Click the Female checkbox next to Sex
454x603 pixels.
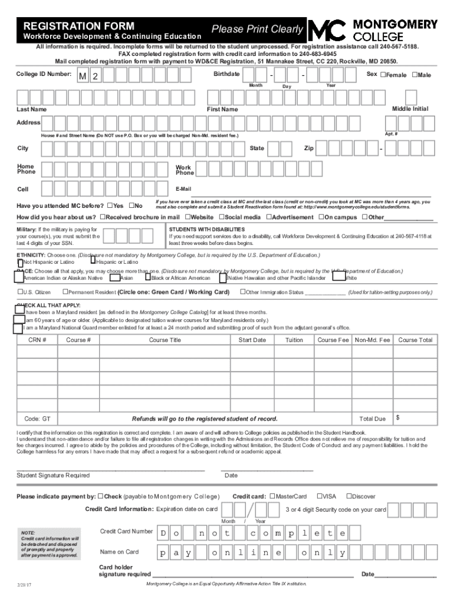tap(383, 75)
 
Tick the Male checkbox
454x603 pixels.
tap(414, 75)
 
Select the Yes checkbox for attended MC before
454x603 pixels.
tap(110, 206)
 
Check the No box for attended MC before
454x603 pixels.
tap(132, 206)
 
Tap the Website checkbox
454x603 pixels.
tap(187, 217)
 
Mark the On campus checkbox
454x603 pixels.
tap(321, 217)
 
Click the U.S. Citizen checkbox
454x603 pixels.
tap(19, 292)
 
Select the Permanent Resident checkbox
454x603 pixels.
tap(65, 292)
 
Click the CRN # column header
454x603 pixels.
tap(37, 340)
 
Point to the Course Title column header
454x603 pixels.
tap(165, 340)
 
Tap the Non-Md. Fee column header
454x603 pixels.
tap(372, 340)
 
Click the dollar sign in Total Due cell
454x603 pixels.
tap(398, 418)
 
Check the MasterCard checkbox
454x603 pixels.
tap(272, 496)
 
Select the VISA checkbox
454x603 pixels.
tap(319, 496)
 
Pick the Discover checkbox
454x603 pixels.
tap(348, 496)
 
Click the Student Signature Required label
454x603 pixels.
tap(54, 475)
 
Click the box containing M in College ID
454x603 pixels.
tap(83, 76)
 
